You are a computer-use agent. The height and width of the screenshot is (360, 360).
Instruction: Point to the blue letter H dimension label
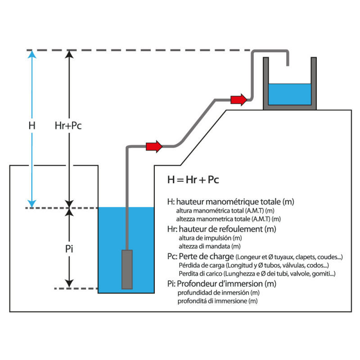(x=31, y=126)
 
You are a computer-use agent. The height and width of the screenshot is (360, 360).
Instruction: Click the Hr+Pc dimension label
(x=68, y=126)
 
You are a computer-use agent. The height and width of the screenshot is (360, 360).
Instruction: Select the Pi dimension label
(x=69, y=248)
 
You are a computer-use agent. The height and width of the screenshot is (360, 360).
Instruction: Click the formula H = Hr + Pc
(x=193, y=180)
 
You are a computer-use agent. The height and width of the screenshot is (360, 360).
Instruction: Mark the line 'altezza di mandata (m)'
(x=210, y=246)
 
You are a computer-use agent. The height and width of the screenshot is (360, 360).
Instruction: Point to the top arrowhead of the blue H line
(x=31, y=54)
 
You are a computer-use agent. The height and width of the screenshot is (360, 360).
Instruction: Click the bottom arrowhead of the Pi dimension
(x=69, y=283)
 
